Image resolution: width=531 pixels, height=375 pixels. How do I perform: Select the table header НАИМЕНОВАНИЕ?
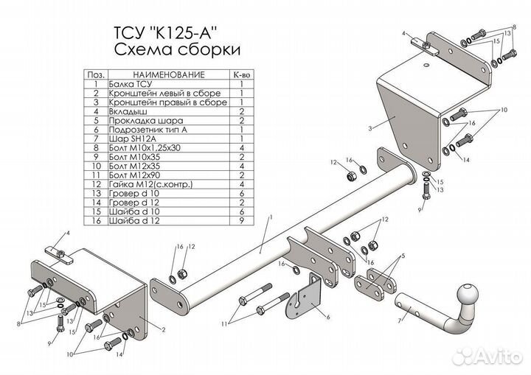coord(167,75)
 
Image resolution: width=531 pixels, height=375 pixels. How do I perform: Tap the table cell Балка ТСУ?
coord(127,85)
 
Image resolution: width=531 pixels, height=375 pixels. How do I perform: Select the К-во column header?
coord(241,75)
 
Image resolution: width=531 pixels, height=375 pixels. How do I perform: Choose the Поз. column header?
coord(94,75)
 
